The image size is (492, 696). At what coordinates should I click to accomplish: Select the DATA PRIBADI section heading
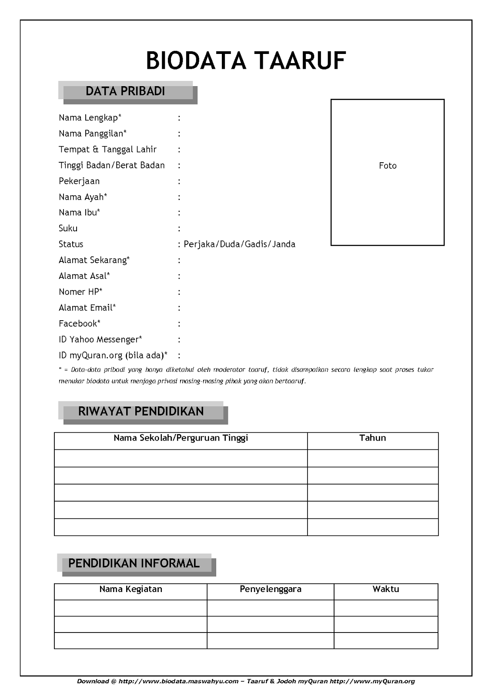(x=125, y=91)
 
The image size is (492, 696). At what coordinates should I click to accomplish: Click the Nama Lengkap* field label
(x=90, y=117)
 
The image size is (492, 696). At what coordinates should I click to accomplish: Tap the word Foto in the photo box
(x=388, y=166)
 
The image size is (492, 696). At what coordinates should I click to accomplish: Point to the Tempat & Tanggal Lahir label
(x=107, y=149)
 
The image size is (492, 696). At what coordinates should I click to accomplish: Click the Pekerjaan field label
(x=79, y=181)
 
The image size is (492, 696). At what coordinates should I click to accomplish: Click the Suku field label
(x=68, y=228)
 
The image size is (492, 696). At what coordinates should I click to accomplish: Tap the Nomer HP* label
(x=80, y=292)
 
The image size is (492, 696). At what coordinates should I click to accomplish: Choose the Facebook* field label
(x=80, y=323)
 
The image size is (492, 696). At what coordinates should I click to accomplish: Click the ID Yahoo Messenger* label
(x=100, y=339)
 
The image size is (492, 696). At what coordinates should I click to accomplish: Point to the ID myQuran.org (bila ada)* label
(x=113, y=355)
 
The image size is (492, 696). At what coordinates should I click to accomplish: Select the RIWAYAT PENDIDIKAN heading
(x=141, y=412)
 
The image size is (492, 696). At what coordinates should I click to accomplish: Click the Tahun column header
(x=372, y=438)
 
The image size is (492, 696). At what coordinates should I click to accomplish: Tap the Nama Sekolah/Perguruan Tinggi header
(x=181, y=438)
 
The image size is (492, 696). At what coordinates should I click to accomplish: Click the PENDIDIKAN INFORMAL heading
(x=134, y=563)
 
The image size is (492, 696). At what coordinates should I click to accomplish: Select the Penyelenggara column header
(x=270, y=589)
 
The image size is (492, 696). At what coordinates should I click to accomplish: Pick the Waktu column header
(x=385, y=589)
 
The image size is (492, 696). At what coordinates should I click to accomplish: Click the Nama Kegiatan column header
(x=131, y=589)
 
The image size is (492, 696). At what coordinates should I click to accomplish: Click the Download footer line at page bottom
(x=246, y=681)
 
